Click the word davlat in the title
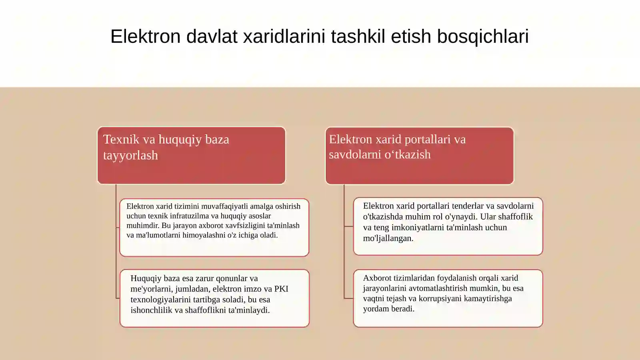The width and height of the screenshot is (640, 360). pos(212,36)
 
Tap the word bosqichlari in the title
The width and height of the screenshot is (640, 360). pos(483,36)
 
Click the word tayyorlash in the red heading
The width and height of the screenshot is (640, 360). pos(130,155)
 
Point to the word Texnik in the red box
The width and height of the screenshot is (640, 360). pos(121,139)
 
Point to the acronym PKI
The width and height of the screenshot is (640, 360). pos(281,289)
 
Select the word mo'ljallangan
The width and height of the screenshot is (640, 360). pos(388,238)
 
